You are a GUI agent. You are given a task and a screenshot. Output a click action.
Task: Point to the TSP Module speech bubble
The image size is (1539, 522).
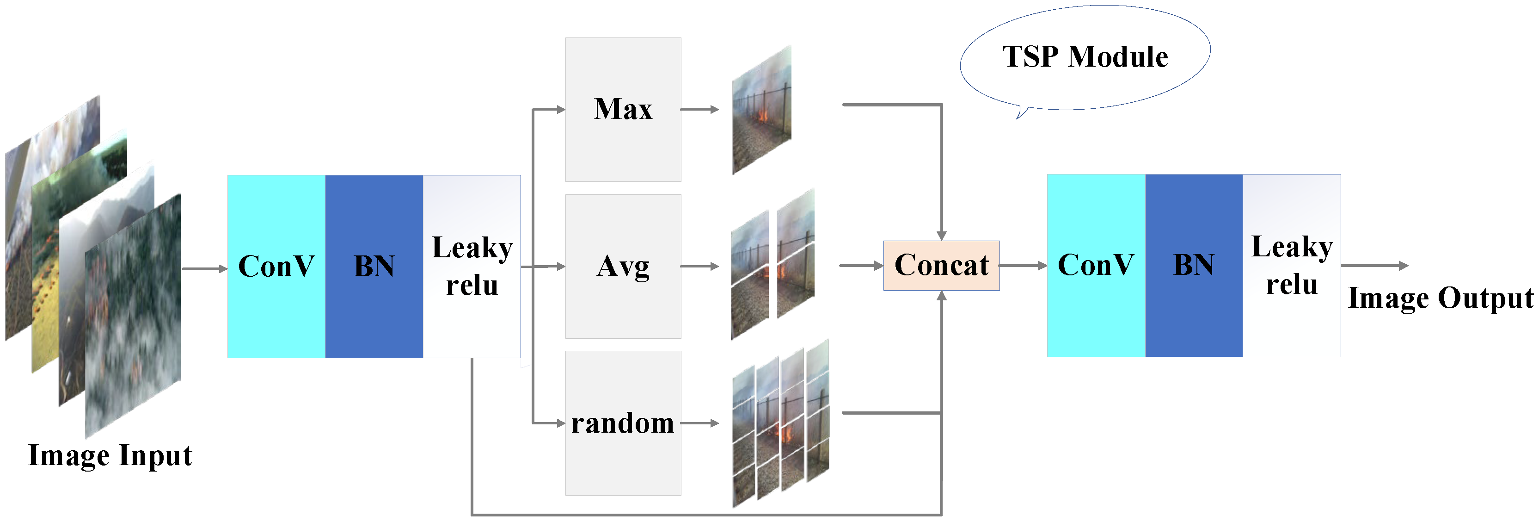1085,57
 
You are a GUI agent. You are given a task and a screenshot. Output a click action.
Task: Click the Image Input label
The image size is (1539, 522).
110,456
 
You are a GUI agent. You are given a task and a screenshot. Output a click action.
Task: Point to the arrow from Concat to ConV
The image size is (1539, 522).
1023,266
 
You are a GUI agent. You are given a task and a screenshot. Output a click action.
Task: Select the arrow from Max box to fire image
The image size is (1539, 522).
699,109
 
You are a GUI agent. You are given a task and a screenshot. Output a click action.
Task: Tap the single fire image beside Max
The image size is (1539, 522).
762,111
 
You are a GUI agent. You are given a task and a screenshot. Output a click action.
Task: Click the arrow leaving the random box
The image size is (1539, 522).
699,423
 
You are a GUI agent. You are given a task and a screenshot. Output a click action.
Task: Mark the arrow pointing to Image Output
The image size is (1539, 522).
1374,266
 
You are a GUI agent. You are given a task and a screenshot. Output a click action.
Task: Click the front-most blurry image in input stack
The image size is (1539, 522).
133,317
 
